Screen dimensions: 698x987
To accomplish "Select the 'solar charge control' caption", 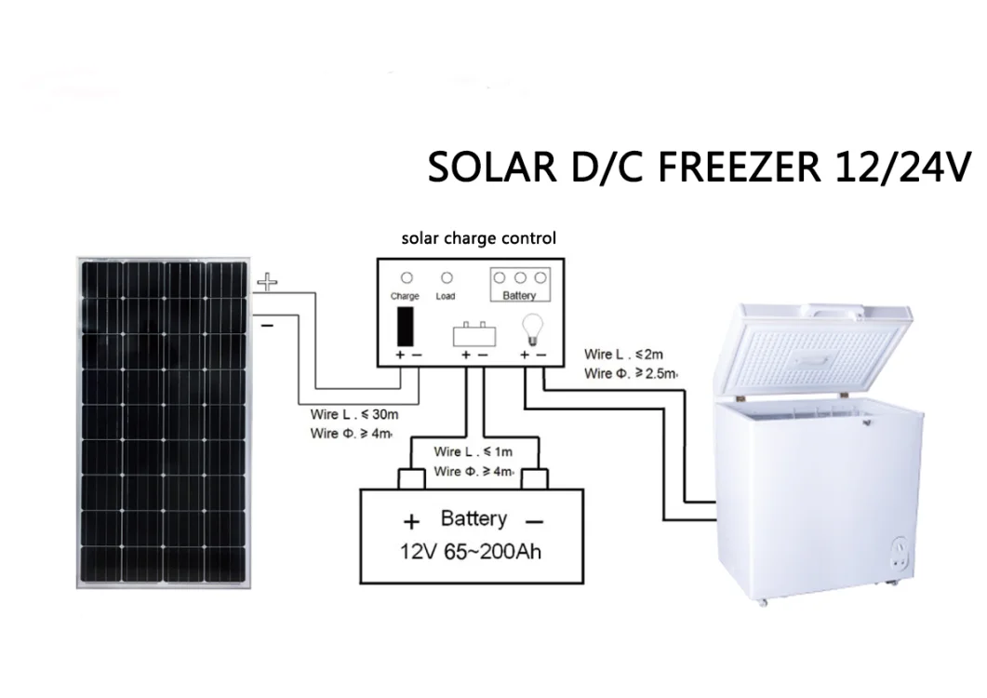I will click(x=479, y=238).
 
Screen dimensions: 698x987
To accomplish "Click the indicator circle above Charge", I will click(x=405, y=277).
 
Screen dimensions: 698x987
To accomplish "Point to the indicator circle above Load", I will click(x=447, y=277).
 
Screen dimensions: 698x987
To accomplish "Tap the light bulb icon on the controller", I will click(x=531, y=328).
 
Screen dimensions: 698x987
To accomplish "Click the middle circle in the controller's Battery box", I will click(x=520, y=277).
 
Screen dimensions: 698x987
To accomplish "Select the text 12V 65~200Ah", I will click(x=471, y=551).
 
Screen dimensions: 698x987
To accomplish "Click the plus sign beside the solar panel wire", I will click(x=267, y=282).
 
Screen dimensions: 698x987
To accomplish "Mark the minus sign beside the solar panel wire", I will click(x=266, y=326).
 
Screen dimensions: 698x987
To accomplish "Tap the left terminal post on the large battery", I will click(x=411, y=478).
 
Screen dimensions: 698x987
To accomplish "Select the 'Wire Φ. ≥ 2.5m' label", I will click(x=631, y=374).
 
